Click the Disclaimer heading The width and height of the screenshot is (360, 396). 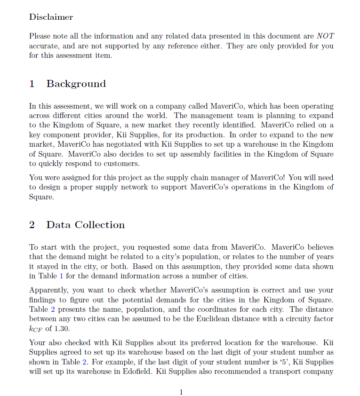[51, 17]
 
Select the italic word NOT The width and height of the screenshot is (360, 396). [325, 36]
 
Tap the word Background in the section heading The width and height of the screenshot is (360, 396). [76, 84]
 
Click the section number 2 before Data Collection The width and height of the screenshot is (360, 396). [32, 225]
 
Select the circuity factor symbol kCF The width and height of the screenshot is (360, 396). [36, 329]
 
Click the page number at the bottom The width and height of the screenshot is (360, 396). [181, 392]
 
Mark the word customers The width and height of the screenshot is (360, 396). [123, 163]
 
